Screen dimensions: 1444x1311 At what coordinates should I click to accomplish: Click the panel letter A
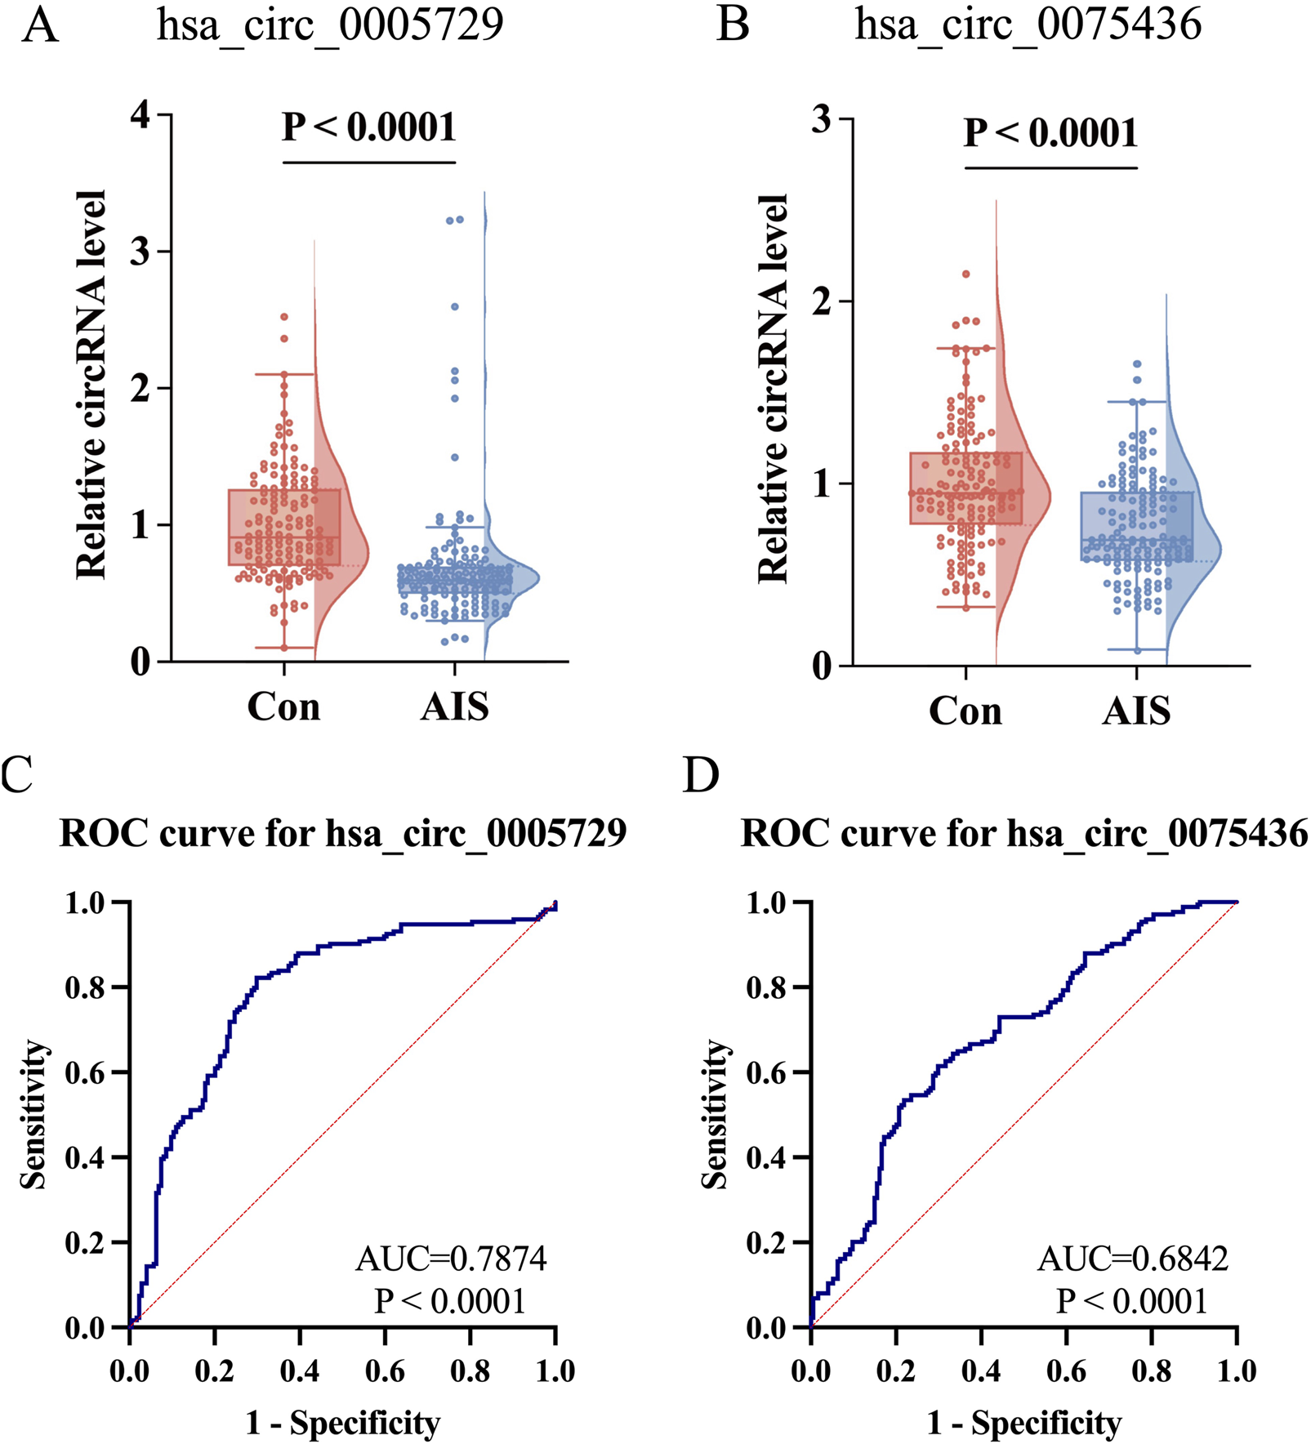click(40, 25)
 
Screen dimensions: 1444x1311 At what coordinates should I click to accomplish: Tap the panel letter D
click(702, 774)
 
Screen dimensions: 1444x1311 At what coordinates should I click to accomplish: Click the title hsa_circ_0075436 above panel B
click(1028, 25)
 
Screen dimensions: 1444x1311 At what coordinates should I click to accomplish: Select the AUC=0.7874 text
click(451, 1259)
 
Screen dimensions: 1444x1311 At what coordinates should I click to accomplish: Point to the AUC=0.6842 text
click(1132, 1259)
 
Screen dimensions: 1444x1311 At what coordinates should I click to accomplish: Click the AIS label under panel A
click(454, 706)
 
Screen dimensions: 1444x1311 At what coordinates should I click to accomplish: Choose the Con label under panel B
click(965, 711)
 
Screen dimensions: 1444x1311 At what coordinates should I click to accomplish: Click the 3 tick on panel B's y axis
click(822, 119)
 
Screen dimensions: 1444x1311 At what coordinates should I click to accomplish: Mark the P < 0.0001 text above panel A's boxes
click(369, 127)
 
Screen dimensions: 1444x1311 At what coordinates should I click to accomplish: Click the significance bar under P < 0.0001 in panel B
click(1050, 168)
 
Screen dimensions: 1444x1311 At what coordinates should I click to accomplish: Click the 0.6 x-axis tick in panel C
click(385, 1371)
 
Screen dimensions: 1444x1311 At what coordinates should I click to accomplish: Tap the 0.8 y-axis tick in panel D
click(767, 987)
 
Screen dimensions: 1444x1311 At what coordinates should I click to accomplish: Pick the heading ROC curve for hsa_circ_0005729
click(343, 834)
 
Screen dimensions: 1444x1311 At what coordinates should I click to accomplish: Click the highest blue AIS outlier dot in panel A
click(460, 219)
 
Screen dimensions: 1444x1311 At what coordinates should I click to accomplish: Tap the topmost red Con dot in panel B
click(965, 274)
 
